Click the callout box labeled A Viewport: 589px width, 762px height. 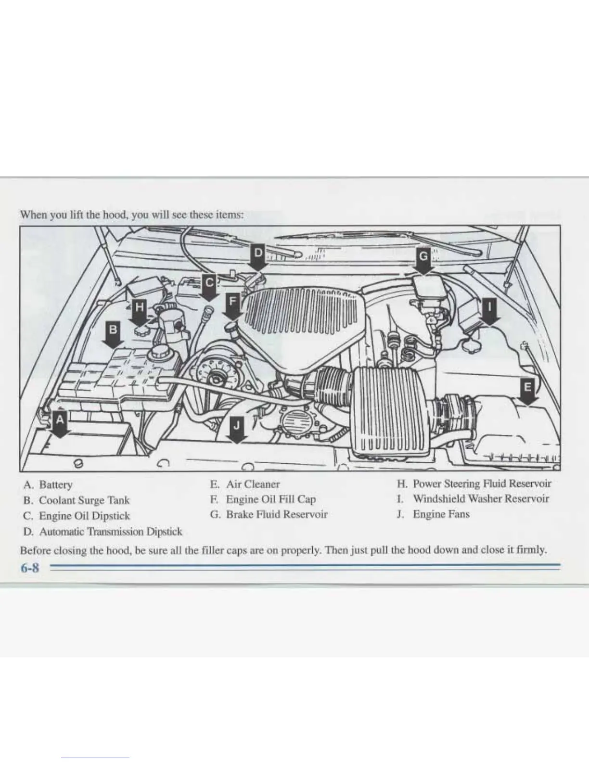(60, 419)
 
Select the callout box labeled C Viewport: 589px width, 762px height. (209, 282)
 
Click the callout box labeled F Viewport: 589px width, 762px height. (233, 302)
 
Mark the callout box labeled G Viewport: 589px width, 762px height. (423, 257)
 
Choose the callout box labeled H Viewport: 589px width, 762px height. (140, 307)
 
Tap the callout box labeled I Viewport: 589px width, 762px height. (489, 306)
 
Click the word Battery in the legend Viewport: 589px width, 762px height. (56, 484)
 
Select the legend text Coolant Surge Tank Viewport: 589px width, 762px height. (84, 500)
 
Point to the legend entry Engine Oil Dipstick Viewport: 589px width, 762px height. (84, 516)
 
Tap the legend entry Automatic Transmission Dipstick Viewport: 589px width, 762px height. (110, 532)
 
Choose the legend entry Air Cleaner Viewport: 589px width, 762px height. (253, 484)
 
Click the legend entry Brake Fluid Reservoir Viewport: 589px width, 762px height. (277, 514)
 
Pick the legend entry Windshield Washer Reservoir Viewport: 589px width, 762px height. (481, 499)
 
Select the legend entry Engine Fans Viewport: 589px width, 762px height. (441, 514)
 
